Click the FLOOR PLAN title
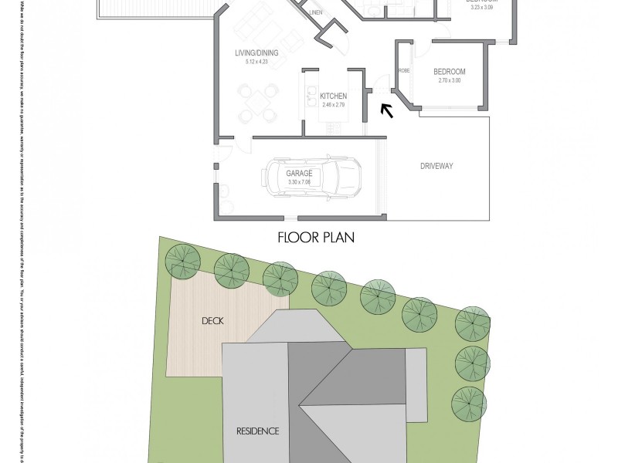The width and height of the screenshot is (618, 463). click(315, 238)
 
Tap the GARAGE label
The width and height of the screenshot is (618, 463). click(300, 174)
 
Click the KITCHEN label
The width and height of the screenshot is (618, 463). click(332, 96)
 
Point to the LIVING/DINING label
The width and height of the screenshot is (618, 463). click(256, 53)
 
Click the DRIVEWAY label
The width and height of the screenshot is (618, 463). click(436, 166)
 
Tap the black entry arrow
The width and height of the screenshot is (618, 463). click(386, 110)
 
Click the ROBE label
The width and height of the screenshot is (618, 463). click(404, 70)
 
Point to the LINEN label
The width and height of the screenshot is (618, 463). click(315, 13)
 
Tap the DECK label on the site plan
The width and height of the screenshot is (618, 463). click(212, 320)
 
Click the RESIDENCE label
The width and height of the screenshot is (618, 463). click(257, 431)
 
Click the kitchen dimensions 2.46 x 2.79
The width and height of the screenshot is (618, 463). click(332, 103)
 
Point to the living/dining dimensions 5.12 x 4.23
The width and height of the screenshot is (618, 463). click(256, 61)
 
